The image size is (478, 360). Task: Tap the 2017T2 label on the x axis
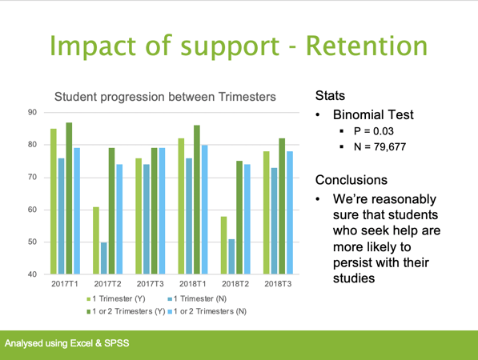click(x=108, y=284)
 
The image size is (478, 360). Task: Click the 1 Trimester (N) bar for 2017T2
click(x=104, y=258)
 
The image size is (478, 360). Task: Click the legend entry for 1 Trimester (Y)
click(x=123, y=298)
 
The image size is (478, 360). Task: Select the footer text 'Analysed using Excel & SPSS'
click(x=67, y=343)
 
